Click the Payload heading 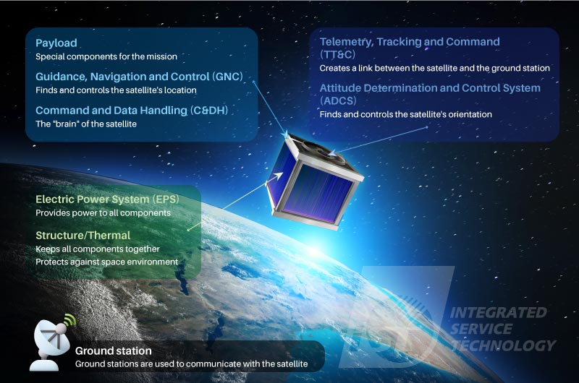pyautogui.click(x=56, y=43)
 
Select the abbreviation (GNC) pyautogui.click(x=227, y=77)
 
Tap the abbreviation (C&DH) pyautogui.click(x=209, y=111)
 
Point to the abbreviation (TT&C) pyautogui.click(x=337, y=54)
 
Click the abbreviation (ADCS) pyautogui.click(x=338, y=100)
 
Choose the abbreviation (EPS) pyautogui.click(x=166, y=199)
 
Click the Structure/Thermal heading pyautogui.click(x=83, y=235)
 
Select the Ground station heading pyautogui.click(x=114, y=350)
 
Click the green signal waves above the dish pyautogui.click(x=69, y=320)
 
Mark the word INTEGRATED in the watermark pyautogui.click(x=498, y=313)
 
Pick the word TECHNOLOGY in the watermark pyautogui.click(x=503, y=345)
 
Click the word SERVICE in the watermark pyautogui.click(x=481, y=329)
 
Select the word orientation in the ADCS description pyautogui.click(x=470, y=114)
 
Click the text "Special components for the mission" pyautogui.click(x=106, y=57)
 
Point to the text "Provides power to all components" pyautogui.click(x=103, y=213)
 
